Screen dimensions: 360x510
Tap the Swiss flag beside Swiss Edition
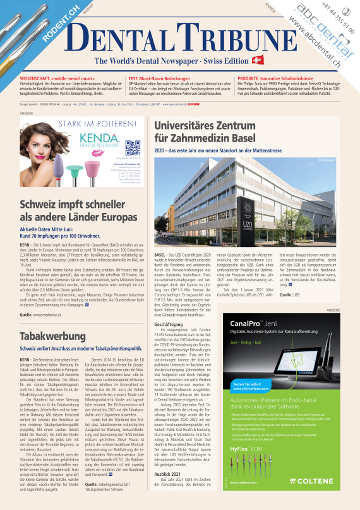(x=257, y=60)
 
